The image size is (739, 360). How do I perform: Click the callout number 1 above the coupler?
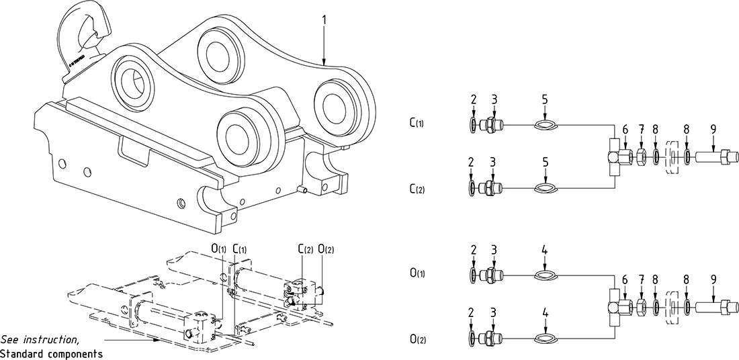tap(324, 19)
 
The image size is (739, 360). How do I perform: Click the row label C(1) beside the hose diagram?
tap(417, 124)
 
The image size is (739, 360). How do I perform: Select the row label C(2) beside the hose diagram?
tap(417, 189)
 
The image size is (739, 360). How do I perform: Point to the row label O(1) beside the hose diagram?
tap(417, 273)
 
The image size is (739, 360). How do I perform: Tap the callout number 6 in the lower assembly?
tap(625, 282)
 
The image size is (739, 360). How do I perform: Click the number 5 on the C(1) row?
tap(546, 99)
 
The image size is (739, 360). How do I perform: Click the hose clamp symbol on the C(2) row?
tap(546, 189)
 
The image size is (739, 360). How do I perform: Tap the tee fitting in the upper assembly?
tap(615, 156)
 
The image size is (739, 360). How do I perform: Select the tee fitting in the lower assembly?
tap(615, 307)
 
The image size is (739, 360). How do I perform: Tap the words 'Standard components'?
tap(51, 353)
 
